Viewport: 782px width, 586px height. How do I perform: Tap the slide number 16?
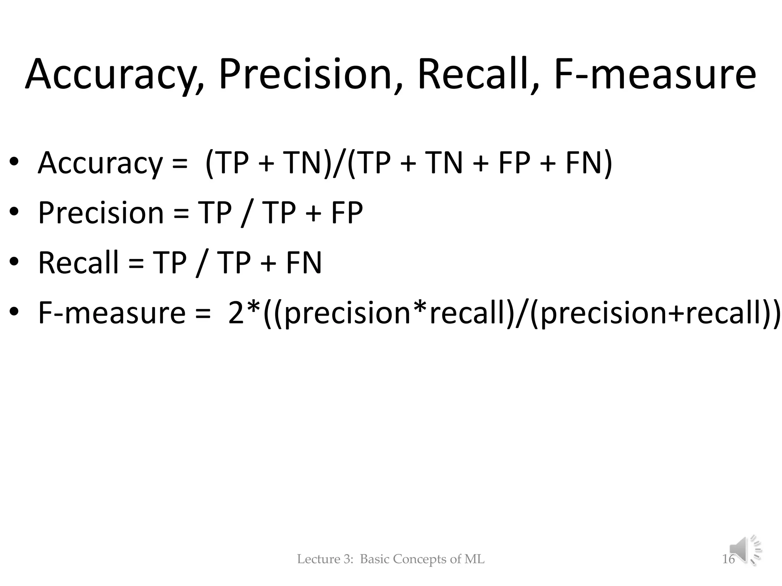coord(728,559)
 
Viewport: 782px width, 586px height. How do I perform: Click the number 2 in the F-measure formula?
coord(236,312)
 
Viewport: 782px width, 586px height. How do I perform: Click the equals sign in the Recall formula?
coord(136,263)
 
